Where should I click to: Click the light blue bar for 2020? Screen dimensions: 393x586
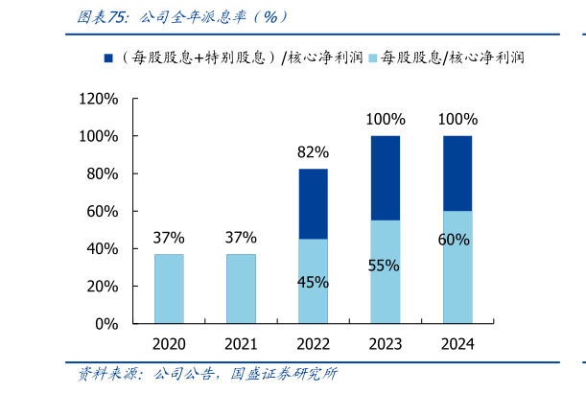coord(169,289)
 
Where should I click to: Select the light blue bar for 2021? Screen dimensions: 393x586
coord(241,289)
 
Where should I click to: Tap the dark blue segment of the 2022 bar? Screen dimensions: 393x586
coord(313,204)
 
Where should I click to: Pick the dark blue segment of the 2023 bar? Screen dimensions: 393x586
coord(385,178)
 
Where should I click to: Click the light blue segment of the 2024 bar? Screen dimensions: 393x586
coord(457,267)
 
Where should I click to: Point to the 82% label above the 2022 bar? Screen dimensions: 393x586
coord(313,151)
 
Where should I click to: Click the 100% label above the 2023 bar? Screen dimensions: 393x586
coord(385,119)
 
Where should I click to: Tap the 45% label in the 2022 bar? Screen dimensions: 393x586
coord(313,282)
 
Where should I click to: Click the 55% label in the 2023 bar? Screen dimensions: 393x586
coord(384,265)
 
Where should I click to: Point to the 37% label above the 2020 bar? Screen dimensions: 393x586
coord(169,237)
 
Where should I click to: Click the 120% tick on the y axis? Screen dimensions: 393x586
coord(98,99)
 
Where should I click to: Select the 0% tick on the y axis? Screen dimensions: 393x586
coord(105,324)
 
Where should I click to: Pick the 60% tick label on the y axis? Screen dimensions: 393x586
coord(102,211)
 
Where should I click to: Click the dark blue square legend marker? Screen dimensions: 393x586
coord(107,58)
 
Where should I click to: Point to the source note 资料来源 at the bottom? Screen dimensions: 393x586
coord(206,375)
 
